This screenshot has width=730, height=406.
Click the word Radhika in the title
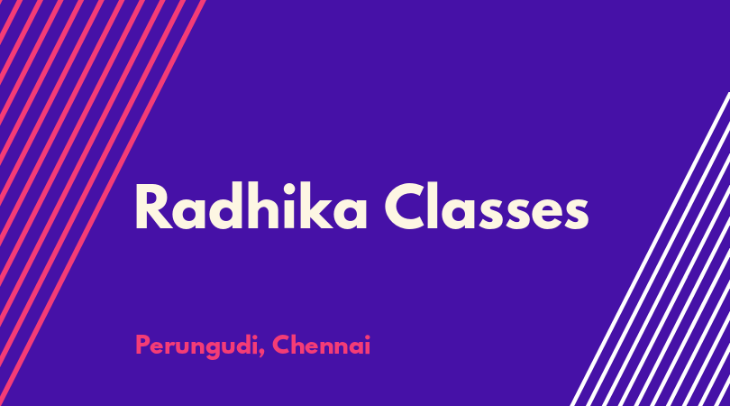[251, 206]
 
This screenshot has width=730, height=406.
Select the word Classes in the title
[487, 206]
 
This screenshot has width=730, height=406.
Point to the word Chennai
[321, 345]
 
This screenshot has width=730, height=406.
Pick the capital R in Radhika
[153, 207]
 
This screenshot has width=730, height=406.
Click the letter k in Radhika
[319, 206]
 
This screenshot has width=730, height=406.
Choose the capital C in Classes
[405, 207]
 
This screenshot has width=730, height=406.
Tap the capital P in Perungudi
[142, 345]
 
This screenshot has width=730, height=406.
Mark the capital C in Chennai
[281, 345]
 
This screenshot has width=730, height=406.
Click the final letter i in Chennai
[368, 345]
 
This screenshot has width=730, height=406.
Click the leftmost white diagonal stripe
[650, 249]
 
